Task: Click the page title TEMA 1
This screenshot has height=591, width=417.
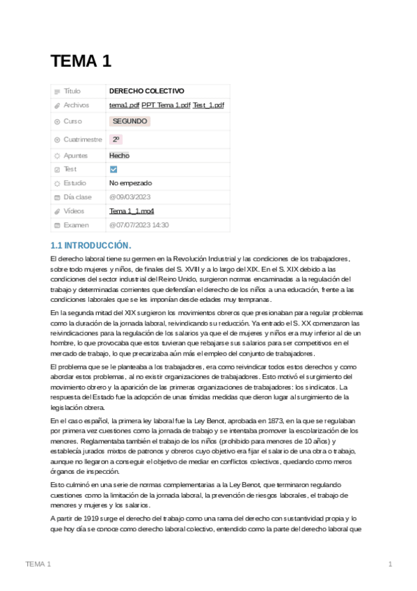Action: coord(81,61)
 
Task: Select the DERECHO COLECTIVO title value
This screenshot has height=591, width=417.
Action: coord(146,91)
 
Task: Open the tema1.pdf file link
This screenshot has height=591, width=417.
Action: coord(124,105)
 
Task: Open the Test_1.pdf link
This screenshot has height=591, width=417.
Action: coord(208,105)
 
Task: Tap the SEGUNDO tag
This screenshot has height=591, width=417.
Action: coord(129,121)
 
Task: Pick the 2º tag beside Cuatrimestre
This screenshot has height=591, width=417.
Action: coord(116,139)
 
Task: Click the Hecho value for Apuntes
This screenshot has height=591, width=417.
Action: coord(119,155)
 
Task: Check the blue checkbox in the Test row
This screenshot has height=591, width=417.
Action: coord(113,169)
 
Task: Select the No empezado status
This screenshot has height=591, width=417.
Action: coord(130,183)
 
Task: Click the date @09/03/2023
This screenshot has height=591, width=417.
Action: coord(129,197)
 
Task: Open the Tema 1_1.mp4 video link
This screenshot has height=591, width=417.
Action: coord(132,211)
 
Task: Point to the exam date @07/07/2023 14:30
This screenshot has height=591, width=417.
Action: coord(139,225)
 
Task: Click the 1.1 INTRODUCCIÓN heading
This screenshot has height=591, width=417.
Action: coord(91,245)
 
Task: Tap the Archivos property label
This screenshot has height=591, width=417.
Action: coord(76,105)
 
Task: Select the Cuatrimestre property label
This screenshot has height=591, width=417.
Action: coord(84,139)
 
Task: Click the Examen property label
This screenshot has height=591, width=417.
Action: coord(76,225)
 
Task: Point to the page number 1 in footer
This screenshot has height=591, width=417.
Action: coord(391,563)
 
